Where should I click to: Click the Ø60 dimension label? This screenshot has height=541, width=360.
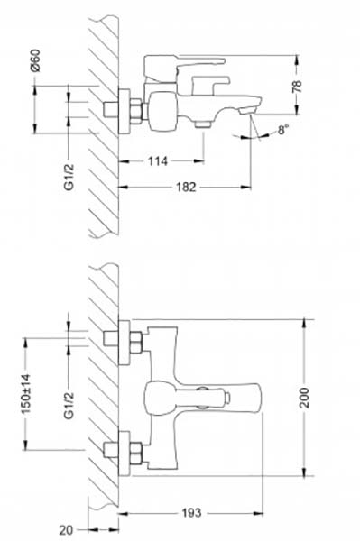[x=35, y=60]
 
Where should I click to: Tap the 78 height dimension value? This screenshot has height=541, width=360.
[x=297, y=86]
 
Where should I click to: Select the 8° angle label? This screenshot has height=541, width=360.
[x=283, y=130]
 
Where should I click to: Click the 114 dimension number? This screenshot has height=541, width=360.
[x=158, y=161]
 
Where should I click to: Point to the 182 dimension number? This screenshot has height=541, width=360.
[x=186, y=188]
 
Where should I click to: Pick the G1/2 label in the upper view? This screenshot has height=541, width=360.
[x=69, y=177]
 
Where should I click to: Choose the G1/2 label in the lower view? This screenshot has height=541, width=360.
[x=69, y=406]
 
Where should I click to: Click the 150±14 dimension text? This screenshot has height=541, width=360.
[x=26, y=394]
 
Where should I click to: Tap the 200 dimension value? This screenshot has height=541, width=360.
[x=304, y=398]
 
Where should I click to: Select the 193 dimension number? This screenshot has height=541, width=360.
[x=191, y=513]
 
